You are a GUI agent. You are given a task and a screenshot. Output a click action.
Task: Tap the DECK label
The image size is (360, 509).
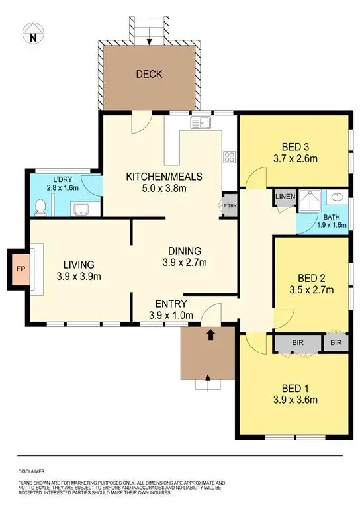pos(149,74)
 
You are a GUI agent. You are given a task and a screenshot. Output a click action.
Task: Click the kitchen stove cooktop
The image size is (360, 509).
pos(230,157)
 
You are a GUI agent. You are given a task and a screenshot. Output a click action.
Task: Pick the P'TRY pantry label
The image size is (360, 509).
pos(230,205)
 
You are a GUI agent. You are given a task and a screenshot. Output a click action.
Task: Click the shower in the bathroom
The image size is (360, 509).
pos(309,201)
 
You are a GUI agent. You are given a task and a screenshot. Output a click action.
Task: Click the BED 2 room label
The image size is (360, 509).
pos(310,278)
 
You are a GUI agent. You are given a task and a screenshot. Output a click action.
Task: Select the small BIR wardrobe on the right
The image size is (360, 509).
pos(336,343)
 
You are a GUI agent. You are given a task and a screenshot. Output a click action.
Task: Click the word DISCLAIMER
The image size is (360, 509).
pos(32,471)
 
